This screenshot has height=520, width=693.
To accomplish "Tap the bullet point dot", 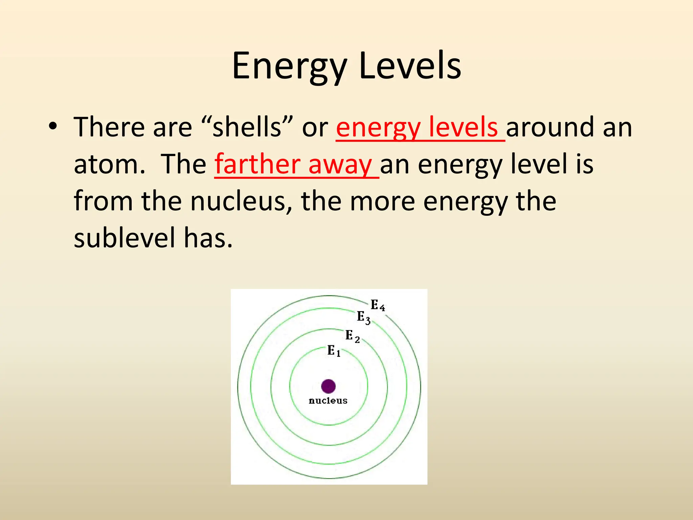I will tap(52, 126).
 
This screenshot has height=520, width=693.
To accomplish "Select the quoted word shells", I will tap(247, 127).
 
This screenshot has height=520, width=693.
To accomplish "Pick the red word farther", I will tap(257, 164).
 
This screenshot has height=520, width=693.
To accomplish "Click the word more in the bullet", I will tap(382, 201).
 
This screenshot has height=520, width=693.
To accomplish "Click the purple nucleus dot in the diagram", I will tap(328, 386).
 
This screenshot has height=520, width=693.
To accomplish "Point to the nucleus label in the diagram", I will tap(328, 400).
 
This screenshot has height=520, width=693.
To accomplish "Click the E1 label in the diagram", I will tap(334, 350).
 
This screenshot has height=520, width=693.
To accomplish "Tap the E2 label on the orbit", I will tap(352, 336).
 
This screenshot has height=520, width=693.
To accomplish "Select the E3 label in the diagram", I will tap(364, 317).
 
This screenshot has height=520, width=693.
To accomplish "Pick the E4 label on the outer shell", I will tap(377, 305).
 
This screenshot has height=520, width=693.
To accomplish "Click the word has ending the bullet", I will tap(208, 238).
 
